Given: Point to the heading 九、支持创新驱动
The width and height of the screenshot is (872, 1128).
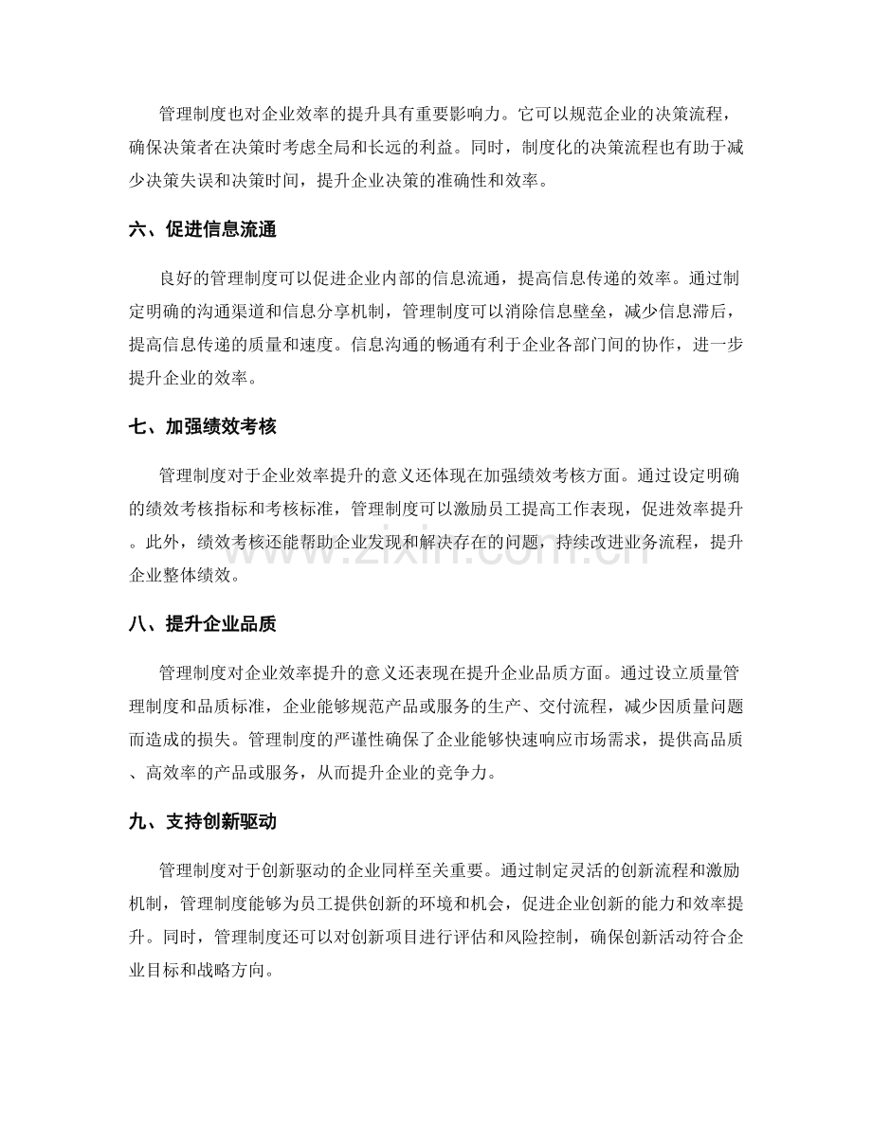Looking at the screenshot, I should click(x=201, y=821).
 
